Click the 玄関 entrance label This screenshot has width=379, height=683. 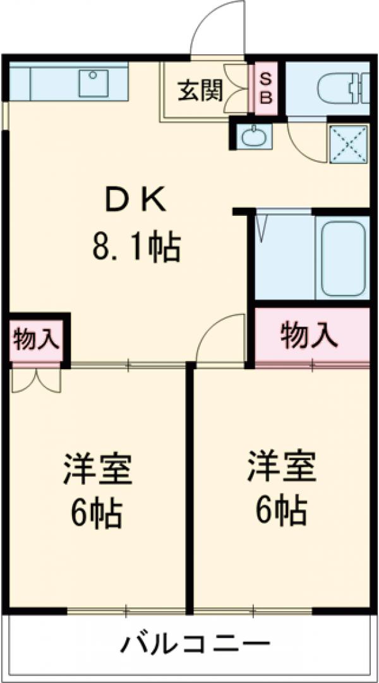199,92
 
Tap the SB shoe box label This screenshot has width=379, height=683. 265,88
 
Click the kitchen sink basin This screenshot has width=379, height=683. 93,83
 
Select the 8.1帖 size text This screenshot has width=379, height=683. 136,247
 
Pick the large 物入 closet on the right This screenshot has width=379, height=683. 309,335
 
